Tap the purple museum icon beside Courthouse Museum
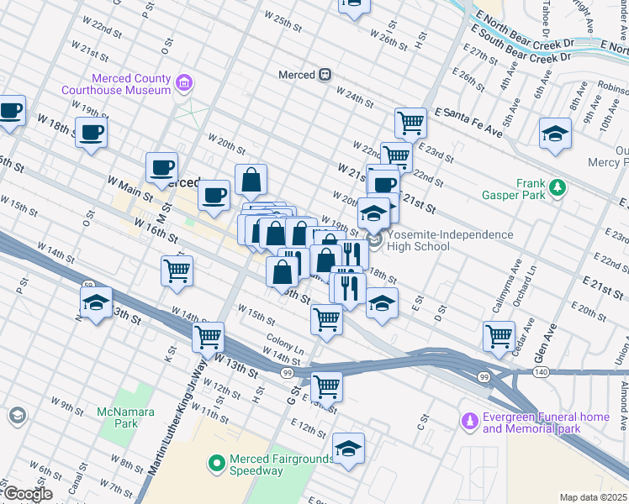click(184, 83)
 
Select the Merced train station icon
click(325, 75)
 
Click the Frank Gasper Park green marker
click(557, 188)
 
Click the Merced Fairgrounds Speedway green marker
click(216, 462)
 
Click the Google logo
click(27, 494)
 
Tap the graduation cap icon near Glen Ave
click(555, 134)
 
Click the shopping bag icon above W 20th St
click(251, 179)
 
